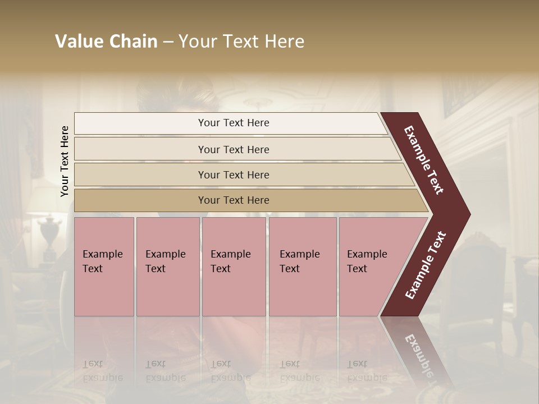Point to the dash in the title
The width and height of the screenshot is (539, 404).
pyautogui.click(x=168, y=42)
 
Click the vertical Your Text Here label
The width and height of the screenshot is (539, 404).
pyautogui.click(x=65, y=161)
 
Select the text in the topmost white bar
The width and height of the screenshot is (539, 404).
pyautogui.click(x=234, y=123)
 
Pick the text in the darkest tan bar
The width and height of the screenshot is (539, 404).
pyautogui.click(x=234, y=200)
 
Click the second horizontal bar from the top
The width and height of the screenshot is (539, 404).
pyautogui.click(x=234, y=149)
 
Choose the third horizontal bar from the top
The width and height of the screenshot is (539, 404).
pyautogui.click(x=234, y=175)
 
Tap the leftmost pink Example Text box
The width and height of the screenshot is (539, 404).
pyautogui.click(x=104, y=267)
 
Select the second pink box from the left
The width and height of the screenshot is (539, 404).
pyautogui.click(x=167, y=267)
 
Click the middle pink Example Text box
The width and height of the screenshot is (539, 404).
pyautogui.click(x=234, y=267)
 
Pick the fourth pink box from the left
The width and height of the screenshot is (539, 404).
pyautogui.click(x=302, y=267)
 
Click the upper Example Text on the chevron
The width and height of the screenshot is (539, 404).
pyautogui.click(x=424, y=160)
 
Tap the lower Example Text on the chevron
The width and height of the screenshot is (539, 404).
pyautogui.click(x=426, y=265)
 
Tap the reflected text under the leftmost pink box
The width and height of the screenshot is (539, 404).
pyautogui.click(x=103, y=371)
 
